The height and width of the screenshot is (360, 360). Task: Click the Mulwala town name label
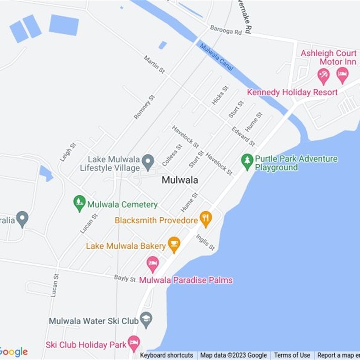point(180,180)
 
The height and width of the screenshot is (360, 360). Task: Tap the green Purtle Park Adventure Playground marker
point(247,160)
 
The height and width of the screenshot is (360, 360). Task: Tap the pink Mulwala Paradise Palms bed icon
point(153,263)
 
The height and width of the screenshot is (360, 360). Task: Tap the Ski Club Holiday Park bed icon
point(133,343)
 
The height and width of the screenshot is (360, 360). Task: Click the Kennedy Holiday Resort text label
point(292,92)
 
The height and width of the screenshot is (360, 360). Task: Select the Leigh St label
point(68,152)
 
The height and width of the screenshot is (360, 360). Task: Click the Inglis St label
point(205,242)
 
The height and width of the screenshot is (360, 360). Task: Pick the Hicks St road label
point(220,95)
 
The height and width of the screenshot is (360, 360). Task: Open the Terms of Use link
point(292,355)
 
